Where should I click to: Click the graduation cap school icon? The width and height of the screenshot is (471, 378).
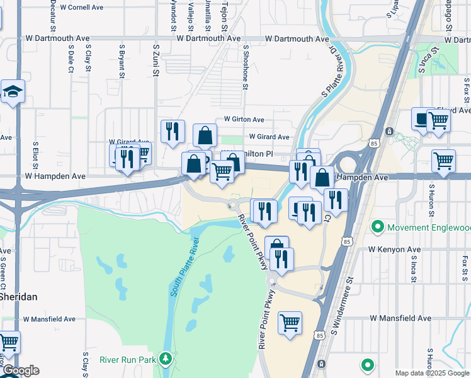13,92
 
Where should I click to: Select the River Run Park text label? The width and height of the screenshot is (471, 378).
127,360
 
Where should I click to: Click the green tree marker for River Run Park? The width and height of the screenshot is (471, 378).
166,358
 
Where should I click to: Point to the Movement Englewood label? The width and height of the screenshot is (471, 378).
425,226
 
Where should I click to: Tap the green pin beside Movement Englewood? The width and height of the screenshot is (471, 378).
378,226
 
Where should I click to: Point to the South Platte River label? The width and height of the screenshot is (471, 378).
183,267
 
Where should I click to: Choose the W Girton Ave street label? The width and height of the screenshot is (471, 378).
244,120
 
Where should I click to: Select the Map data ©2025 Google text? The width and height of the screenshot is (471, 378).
431,373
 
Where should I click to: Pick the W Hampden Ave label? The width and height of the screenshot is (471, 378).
55,176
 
